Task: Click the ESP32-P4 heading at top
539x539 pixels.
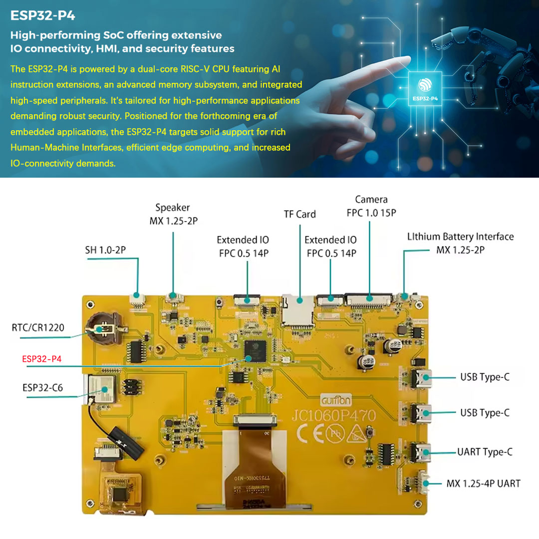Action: click(43, 15)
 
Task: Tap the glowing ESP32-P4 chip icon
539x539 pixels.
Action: click(425, 88)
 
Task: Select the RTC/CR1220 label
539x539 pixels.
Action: click(38, 328)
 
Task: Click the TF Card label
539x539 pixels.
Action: click(299, 214)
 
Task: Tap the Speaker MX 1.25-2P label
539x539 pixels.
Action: click(173, 214)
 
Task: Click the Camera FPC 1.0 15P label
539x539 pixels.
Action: click(371, 206)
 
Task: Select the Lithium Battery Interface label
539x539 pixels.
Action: click(460, 243)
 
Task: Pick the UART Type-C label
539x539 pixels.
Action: click(485, 452)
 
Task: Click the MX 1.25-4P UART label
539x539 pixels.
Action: click(483, 484)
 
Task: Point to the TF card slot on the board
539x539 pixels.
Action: click(298, 309)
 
